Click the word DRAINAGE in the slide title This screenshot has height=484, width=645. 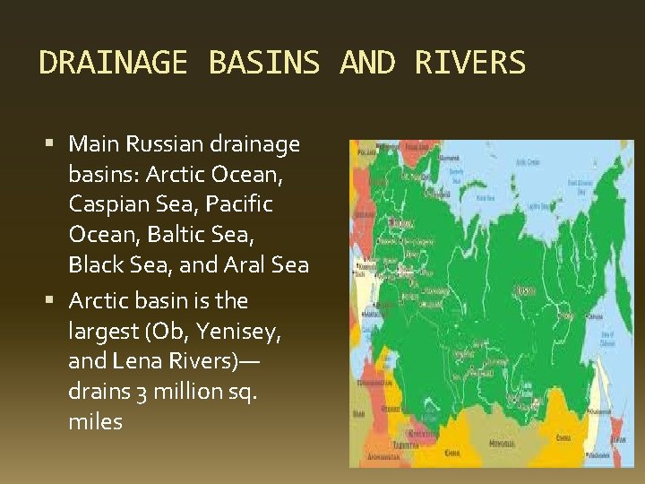113,63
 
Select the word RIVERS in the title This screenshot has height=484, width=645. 469,63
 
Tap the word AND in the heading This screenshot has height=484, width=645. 367,63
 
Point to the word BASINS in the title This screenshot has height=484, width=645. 263,63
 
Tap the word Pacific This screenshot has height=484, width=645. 239,204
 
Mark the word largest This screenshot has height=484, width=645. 103,332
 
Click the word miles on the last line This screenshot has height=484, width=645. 95,421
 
